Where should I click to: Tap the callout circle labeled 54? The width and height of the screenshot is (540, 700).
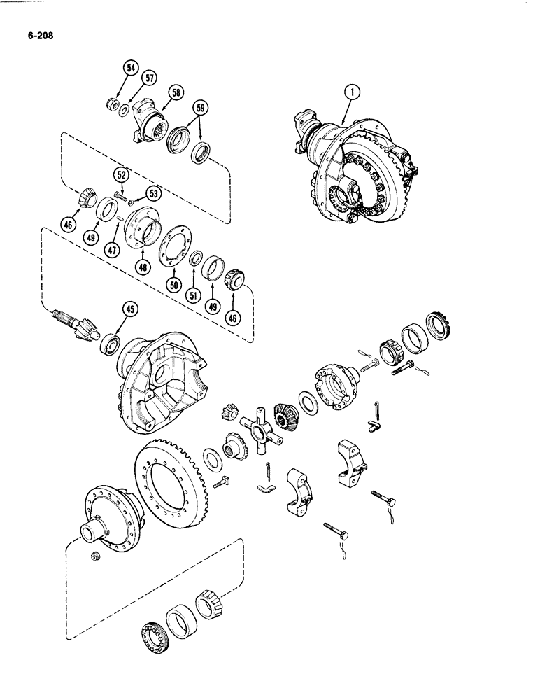point(129,69)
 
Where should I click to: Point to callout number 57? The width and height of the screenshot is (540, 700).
point(148,79)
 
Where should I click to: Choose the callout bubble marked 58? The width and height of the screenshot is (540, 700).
point(175,92)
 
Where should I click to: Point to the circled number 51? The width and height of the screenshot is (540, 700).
point(192,295)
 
